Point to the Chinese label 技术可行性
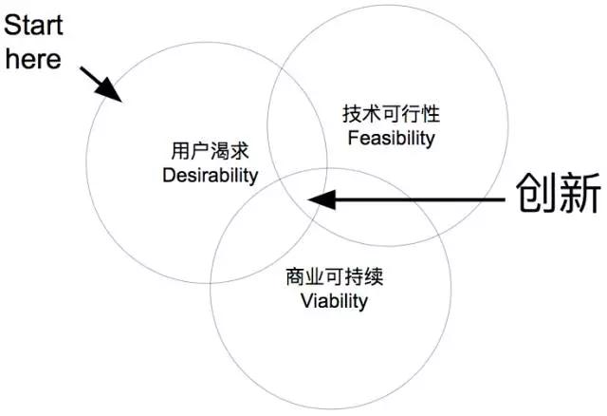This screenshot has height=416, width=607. [x=390, y=115]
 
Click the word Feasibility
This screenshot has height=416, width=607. [x=390, y=139]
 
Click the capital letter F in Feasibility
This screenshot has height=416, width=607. [x=352, y=139]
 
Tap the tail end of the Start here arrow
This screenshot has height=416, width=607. [x=83, y=68]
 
